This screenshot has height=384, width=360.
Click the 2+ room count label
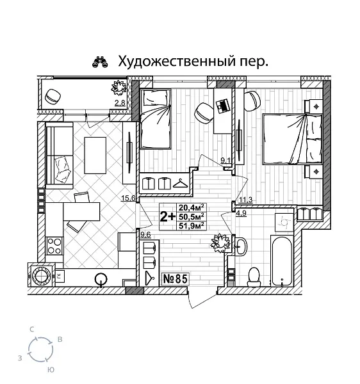coord(167,216)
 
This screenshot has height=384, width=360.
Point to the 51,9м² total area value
coord(192,225)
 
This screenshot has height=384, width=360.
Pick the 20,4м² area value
coord(192,207)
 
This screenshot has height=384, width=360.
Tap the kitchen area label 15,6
coord(128,198)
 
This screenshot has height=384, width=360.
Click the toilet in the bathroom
coord(253,275)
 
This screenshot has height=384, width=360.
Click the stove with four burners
coord(54,246)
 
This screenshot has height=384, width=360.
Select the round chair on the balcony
coord(53,95)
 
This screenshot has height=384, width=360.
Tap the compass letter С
coord(32,329)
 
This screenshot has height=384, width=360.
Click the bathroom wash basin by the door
coord(240,246)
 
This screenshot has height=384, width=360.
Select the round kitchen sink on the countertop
coord(101,278)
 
